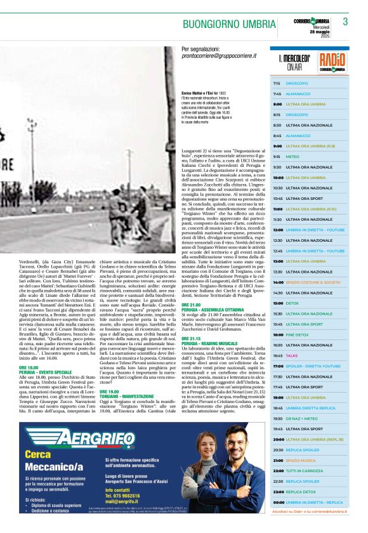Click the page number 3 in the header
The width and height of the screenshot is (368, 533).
coord(345,22)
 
